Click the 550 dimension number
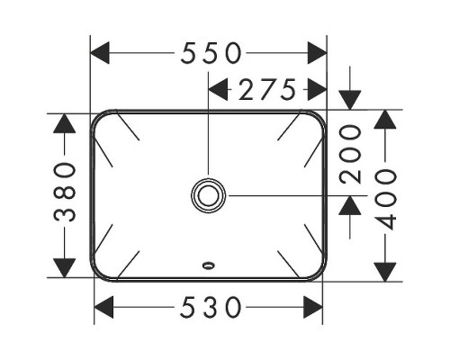(211, 53)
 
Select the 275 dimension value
(267, 89)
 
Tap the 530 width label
(211, 307)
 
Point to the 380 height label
(65, 192)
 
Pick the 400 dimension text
(385, 200)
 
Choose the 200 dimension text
(350, 154)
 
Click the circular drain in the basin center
(208, 195)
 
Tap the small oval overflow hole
(208, 265)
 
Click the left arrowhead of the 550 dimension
(100, 53)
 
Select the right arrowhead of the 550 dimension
(317, 53)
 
